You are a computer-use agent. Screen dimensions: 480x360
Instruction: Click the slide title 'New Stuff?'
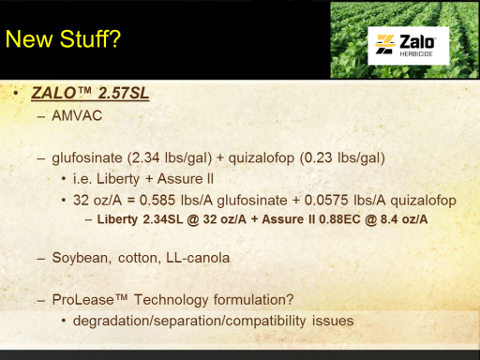63,39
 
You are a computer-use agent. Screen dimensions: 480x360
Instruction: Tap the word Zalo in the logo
417,42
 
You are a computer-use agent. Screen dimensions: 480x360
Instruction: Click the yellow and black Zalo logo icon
385,44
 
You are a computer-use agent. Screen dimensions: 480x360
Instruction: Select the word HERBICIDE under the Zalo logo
416,54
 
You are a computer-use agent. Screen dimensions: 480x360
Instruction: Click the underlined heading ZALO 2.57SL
90,93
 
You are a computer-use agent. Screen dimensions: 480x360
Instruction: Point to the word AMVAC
77,115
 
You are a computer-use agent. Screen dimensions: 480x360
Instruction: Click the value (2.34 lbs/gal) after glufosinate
170,157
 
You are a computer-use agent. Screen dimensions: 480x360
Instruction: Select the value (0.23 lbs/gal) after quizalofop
342,157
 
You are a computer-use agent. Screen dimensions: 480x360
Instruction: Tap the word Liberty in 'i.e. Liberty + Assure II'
118,179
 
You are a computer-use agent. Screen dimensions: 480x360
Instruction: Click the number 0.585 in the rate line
157,200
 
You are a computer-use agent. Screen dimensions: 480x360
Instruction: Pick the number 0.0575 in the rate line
326,200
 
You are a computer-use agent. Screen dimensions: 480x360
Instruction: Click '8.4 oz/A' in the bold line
404,219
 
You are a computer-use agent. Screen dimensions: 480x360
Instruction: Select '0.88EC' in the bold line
339,219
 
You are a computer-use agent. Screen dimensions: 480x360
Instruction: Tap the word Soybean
82,258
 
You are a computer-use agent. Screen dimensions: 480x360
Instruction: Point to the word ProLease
83,300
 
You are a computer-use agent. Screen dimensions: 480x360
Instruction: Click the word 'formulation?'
254,300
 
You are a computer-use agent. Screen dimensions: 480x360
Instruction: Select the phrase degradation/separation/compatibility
189,322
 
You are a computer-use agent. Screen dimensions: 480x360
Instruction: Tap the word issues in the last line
333,321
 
